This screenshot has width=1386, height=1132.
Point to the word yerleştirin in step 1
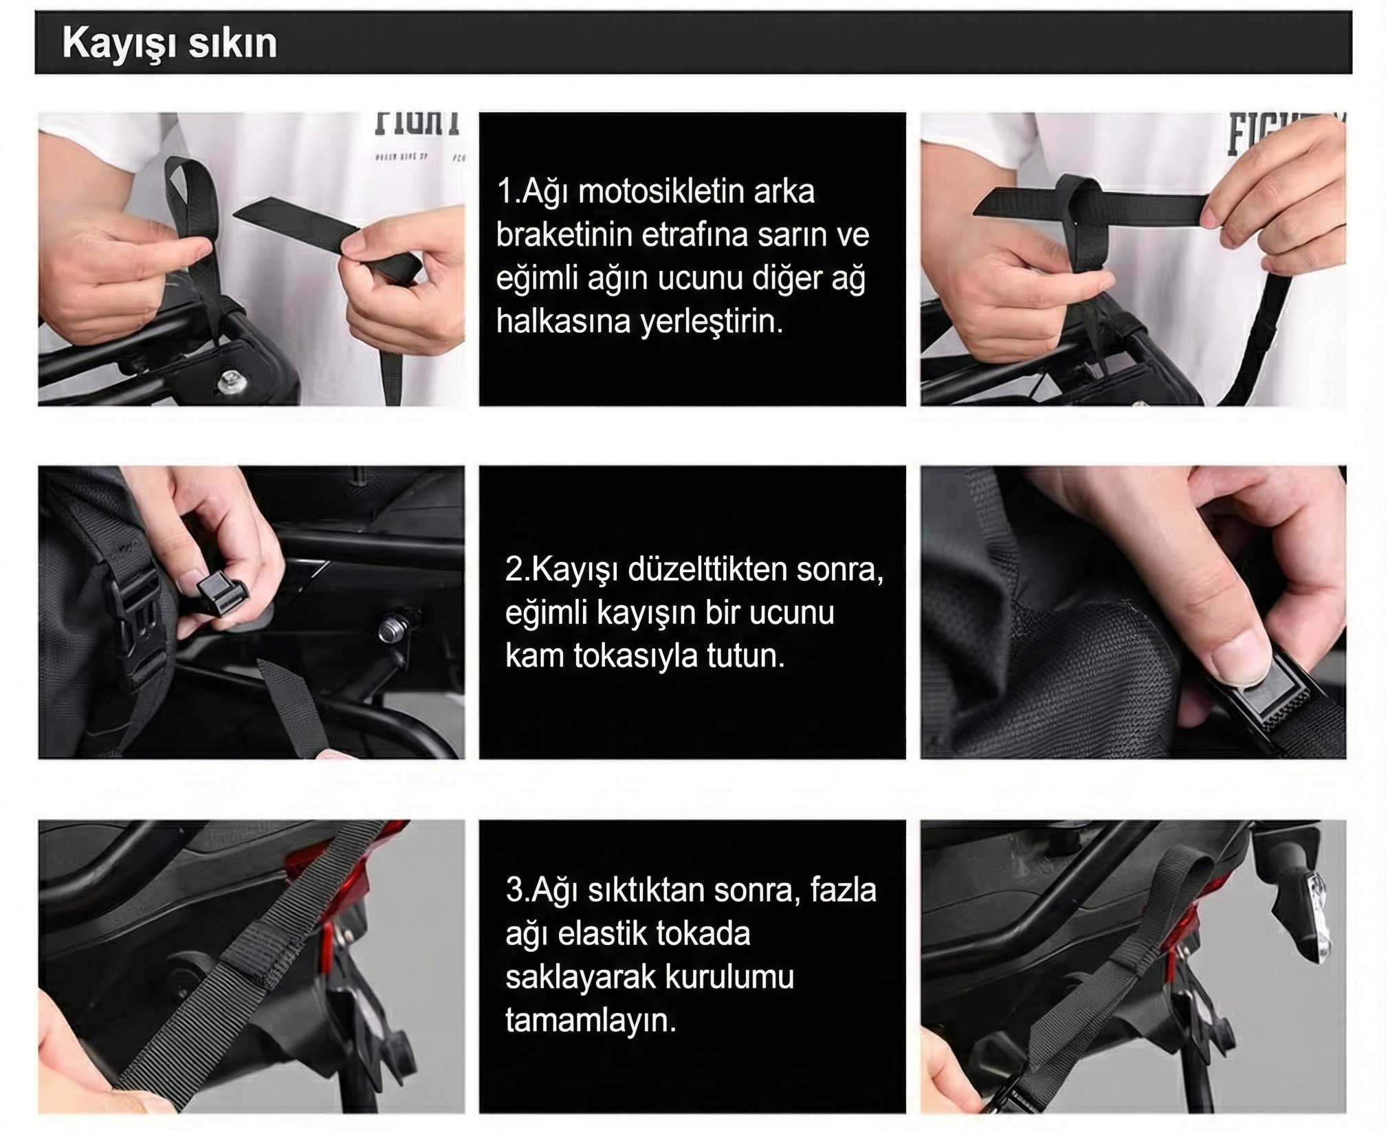click(712, 322)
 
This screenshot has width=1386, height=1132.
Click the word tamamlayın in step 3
click(591, 1021)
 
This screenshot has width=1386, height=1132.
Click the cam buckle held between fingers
click(220, 596)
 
